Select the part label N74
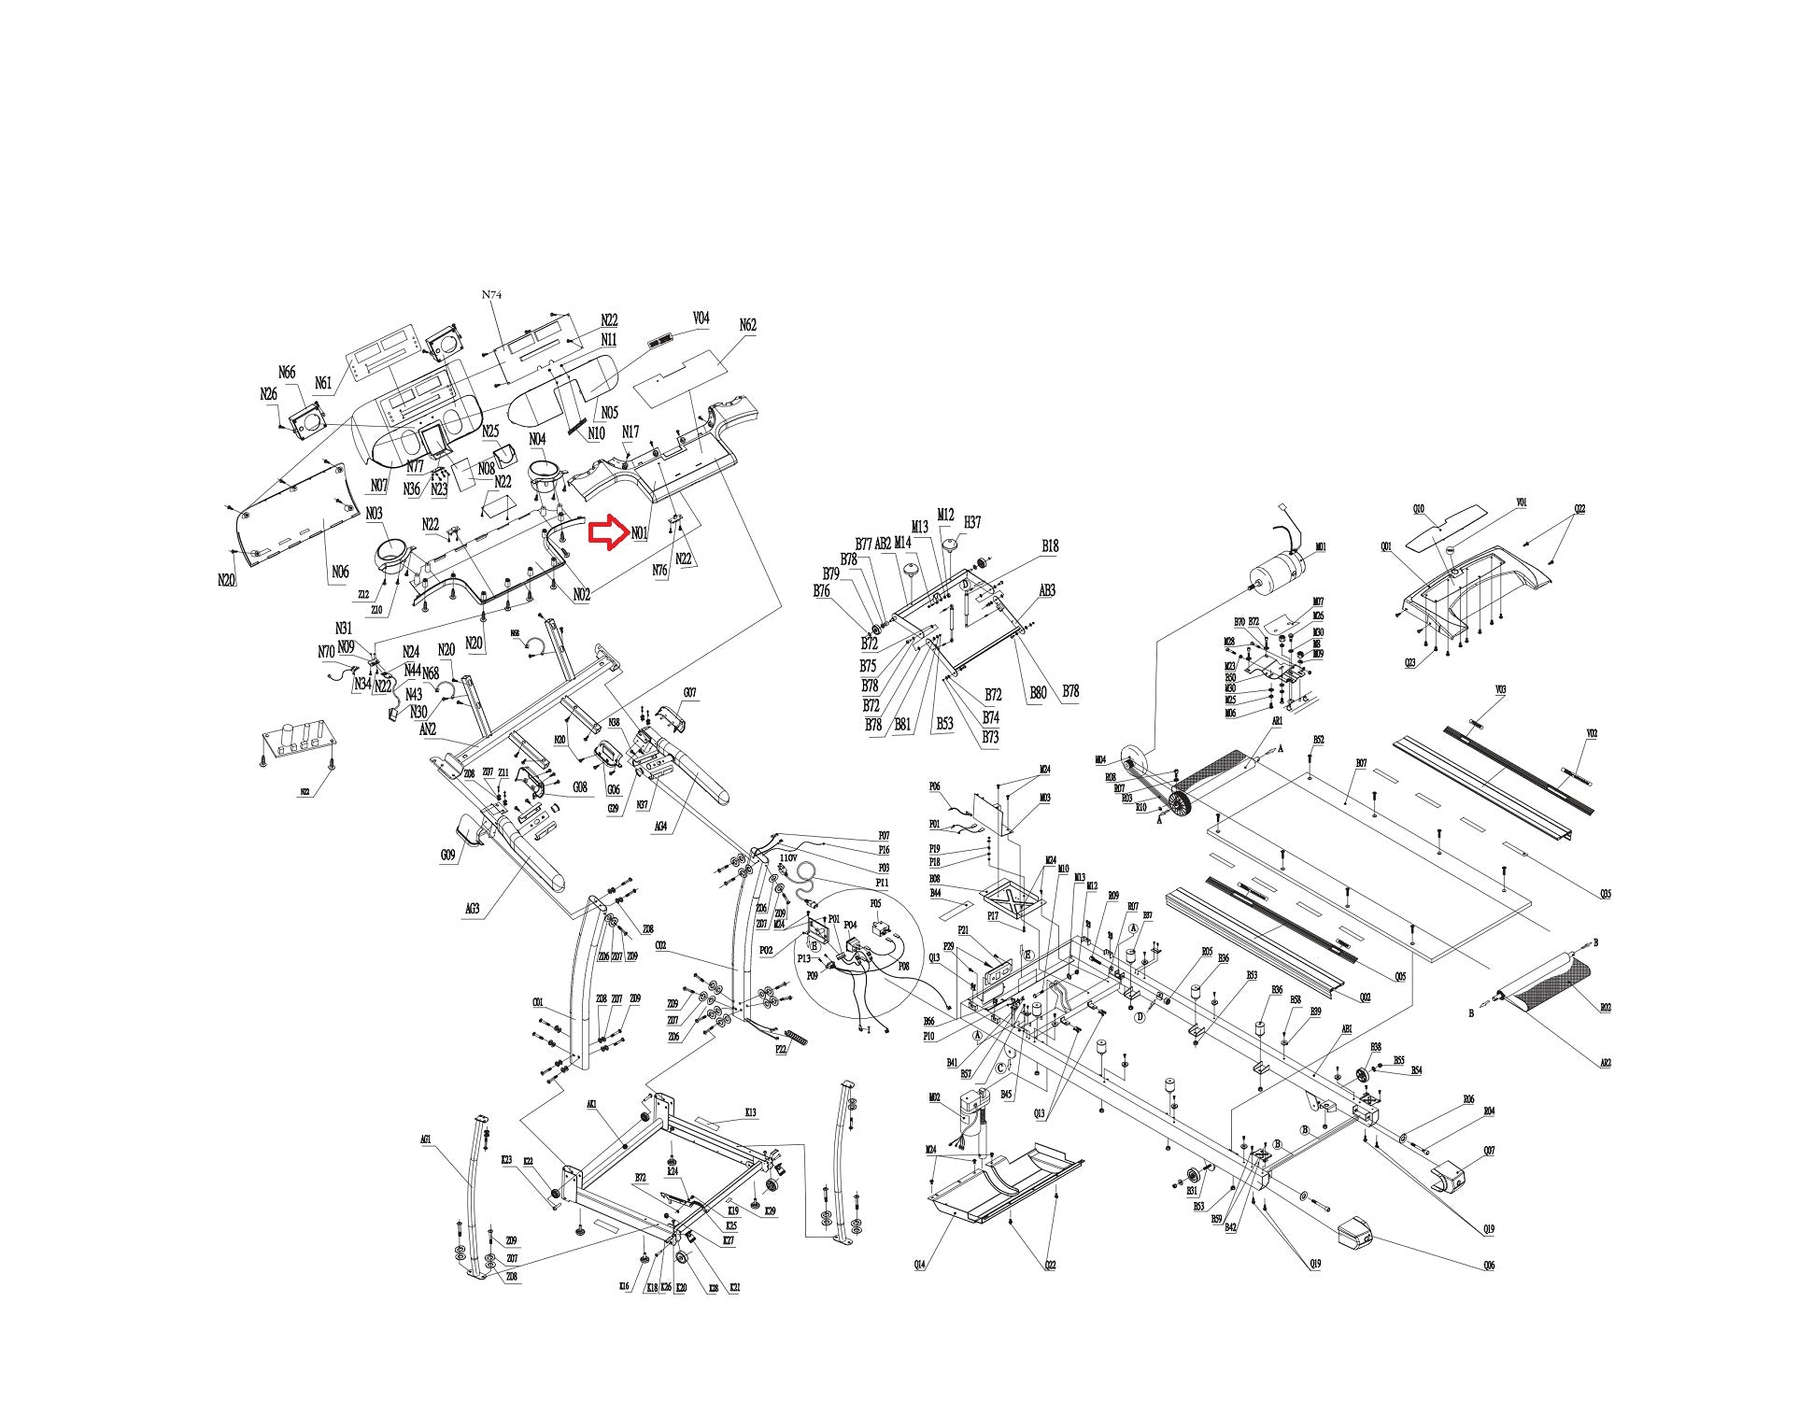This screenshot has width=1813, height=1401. (x=492, y=294)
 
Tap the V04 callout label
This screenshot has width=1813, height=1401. (x=701, y=318)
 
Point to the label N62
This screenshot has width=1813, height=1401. (x=747, y=325)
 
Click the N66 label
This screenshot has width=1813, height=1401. (x=287, y=373)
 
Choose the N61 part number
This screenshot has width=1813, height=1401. (x=323, y=383)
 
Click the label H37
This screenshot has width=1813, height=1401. (x=972, y=522)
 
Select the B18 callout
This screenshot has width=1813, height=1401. (x=1050, y=546)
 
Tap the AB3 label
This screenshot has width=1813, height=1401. (x=1047, y=590)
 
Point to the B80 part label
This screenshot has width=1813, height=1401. (x=1038, y=693)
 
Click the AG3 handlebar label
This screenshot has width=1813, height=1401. (x=473, y=908)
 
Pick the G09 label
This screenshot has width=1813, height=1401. (x=448, y=855)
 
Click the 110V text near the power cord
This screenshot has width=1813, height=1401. (x=787, y=857)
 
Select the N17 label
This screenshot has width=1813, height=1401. (x=630, y=432)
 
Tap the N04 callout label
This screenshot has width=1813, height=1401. (x=537, y=439)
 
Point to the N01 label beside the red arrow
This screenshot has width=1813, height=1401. (x=640, y=533)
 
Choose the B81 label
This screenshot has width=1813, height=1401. (x=902, y=724)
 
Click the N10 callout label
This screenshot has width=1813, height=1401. (x=596, y=433)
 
